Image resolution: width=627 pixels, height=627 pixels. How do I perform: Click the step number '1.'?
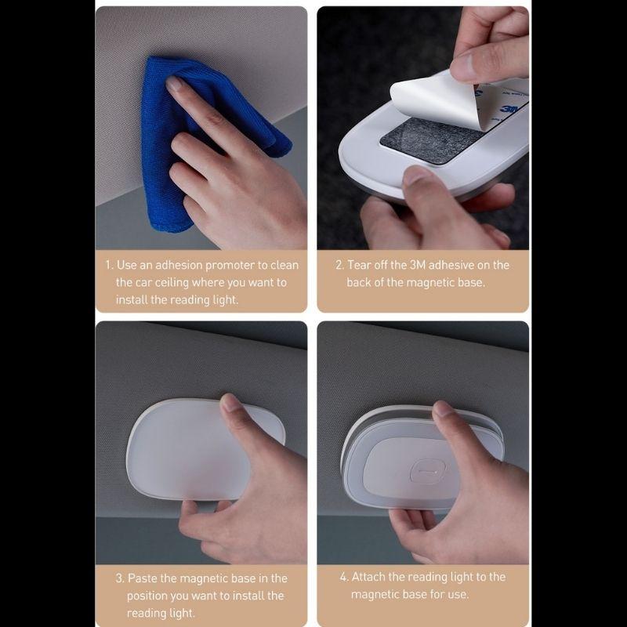click(x=109, y=265)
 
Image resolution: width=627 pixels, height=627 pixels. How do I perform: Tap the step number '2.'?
click(x=339, y=265)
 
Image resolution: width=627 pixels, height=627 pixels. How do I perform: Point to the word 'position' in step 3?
click(x=148, y=596)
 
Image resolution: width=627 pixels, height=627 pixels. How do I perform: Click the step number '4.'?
click(x=344, y=577)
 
